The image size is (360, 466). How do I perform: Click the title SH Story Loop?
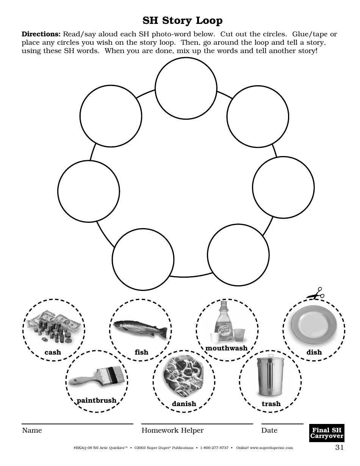click(182, 20)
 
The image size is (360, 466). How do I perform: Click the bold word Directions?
click(41, 34)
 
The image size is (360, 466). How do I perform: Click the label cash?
click(53, 352)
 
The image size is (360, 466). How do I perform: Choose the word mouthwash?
click(226, 348)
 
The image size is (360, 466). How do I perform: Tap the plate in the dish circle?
click(314, 323)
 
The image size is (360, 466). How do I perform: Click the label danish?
click(184, 404)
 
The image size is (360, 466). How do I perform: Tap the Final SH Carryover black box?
click(327, 433)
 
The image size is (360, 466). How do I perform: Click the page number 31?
click(339, 447)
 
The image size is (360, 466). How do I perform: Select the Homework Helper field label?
click(172, 430)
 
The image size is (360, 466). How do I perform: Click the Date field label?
click(269, 430)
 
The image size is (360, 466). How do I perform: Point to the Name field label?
click(32, 430)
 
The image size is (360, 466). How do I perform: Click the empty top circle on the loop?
click(186, 88)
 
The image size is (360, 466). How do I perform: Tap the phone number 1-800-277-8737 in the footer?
click(214, 448)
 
